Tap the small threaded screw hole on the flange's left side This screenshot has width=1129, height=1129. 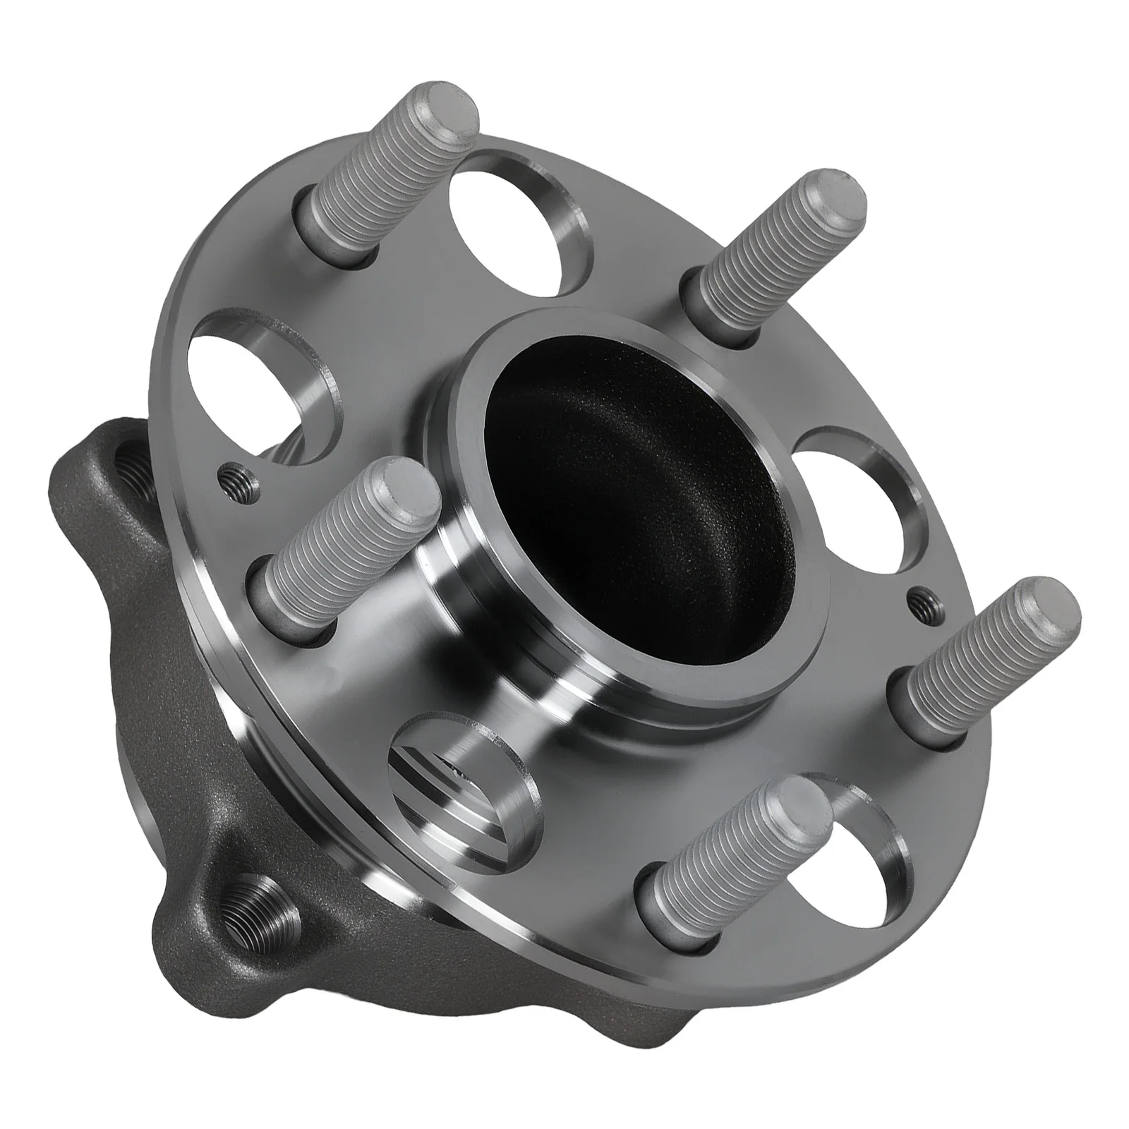pyautogui.click(x=231, y=474)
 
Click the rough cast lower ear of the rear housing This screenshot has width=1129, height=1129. pyautogui.click(x=233, y=988)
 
